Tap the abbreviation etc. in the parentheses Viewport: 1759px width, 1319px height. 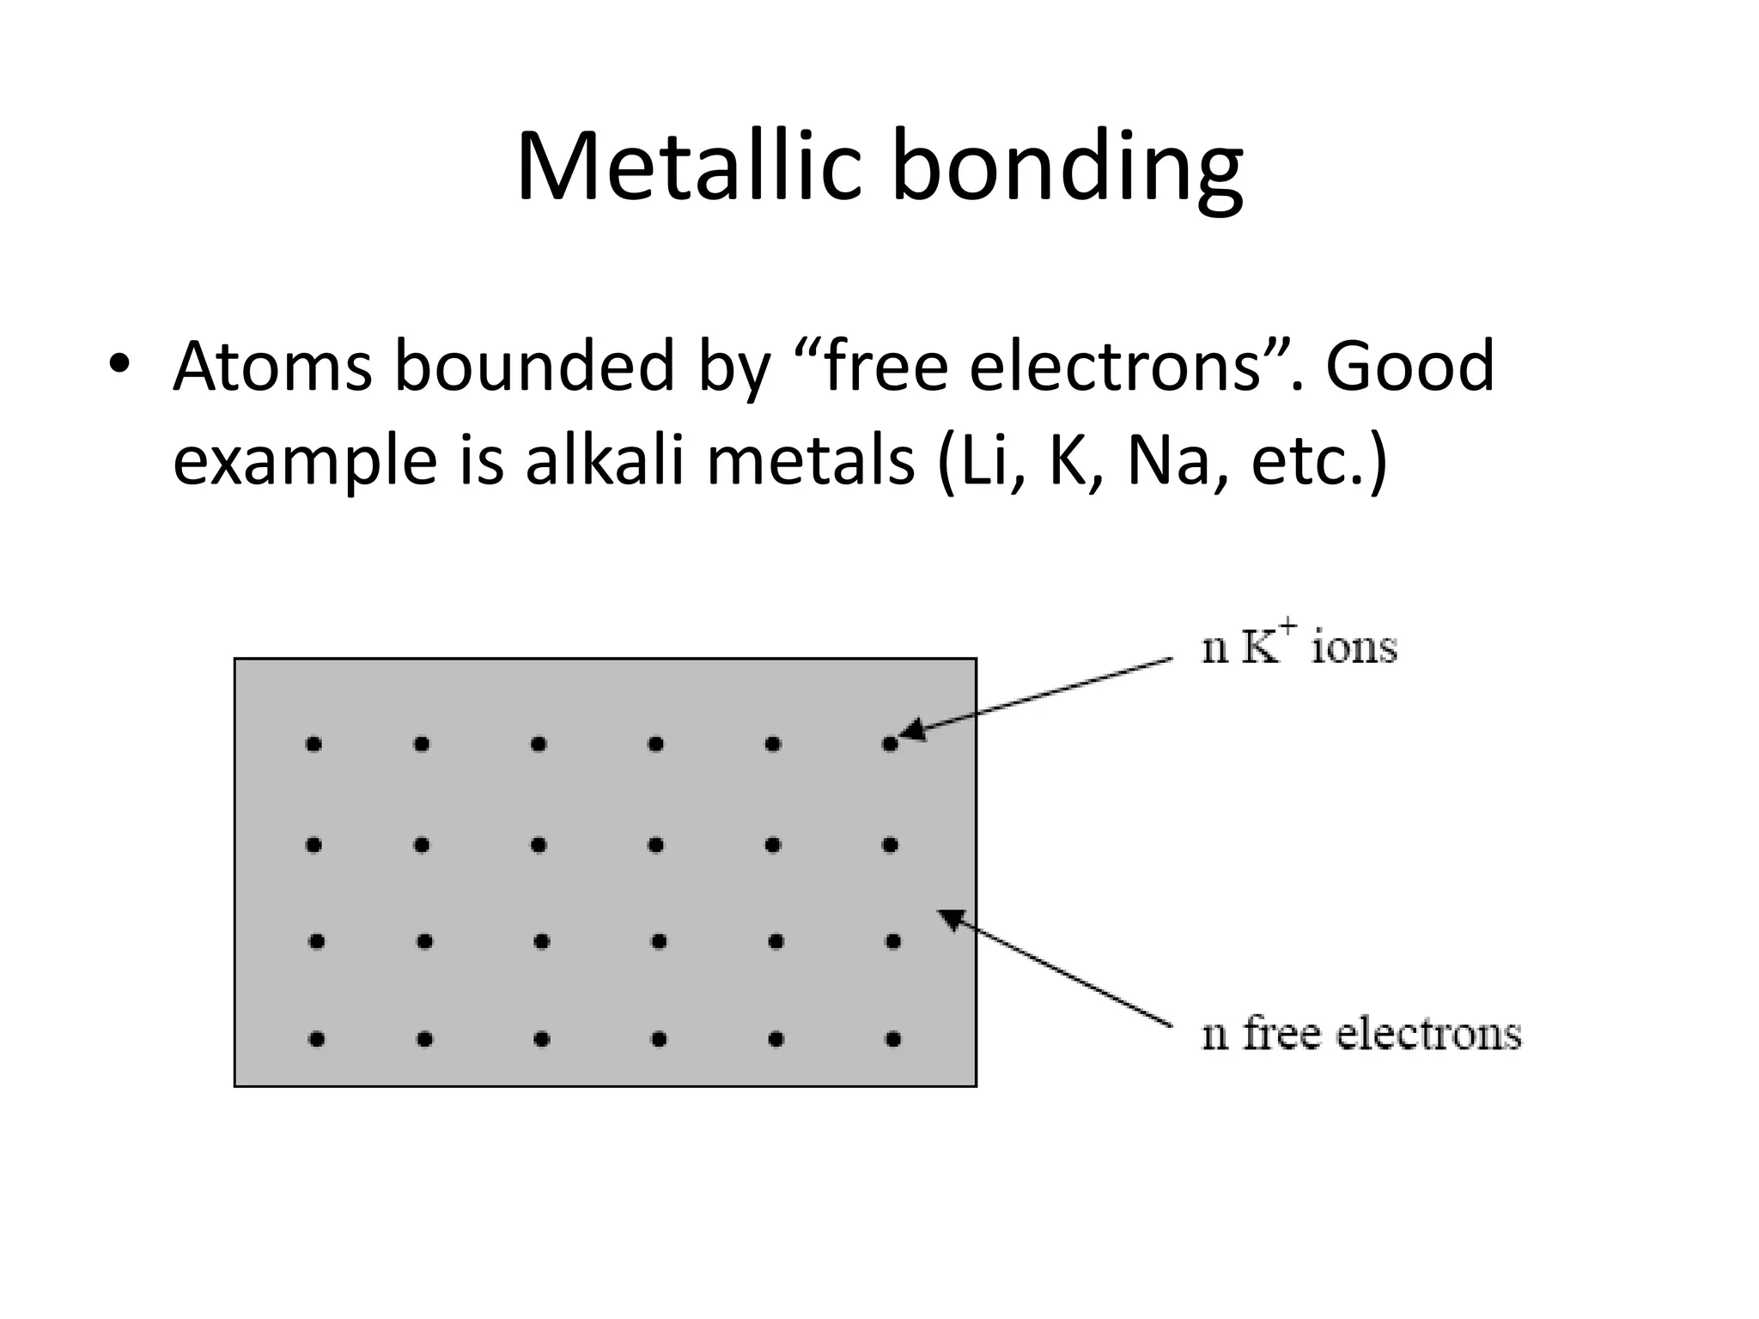[1306, 460]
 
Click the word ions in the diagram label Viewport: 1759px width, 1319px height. [1354, 648]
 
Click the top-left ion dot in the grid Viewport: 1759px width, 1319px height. [313, 745]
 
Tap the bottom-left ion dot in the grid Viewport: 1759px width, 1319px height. [316, 1040]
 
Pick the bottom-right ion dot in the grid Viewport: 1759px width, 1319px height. [893, 1040]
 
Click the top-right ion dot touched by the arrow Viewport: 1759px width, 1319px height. [890, 745]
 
